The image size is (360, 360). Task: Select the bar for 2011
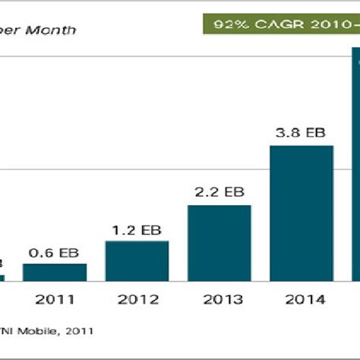(55, 273)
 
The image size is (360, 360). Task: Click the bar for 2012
(137, 261)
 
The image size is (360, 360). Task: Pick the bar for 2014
(302, 213)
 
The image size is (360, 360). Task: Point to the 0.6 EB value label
(55, 253)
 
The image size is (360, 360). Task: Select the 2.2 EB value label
(219, 193)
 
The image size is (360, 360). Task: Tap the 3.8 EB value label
(302, 133)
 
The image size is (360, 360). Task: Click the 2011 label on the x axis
(55, 300)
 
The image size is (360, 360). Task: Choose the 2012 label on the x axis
(137, 300)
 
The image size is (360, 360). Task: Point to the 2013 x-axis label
(219, 300)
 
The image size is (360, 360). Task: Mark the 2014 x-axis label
(302, 300)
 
